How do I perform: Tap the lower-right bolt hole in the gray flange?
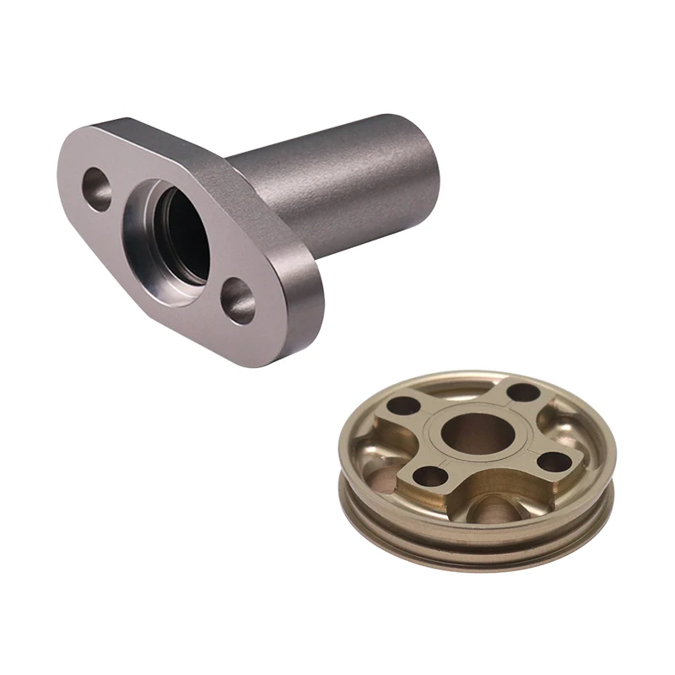[239, 301]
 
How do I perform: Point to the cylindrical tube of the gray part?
[337, 190]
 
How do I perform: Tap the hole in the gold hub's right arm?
[552, 461]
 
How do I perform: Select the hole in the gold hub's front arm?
[430, 477]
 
